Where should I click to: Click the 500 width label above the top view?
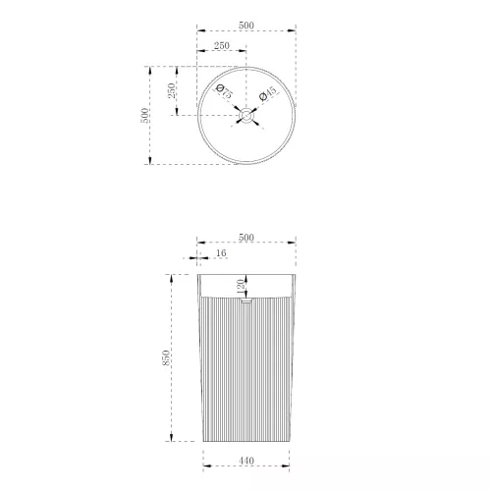(x=246, y=26)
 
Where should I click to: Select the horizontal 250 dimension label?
(x=222, y=45)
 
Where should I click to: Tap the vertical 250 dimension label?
(x=172, y=90)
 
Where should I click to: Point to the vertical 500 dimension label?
(x=144, y=115)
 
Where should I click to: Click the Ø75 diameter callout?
(x=224, y=91)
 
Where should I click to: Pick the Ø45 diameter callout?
(x=267, y=92)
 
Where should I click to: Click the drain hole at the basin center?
(x=246, y=116)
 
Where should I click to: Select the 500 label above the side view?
(x=246, y=238)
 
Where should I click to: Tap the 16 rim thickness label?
(x=221, y=252)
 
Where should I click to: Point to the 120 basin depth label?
(x=241, y=287)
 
